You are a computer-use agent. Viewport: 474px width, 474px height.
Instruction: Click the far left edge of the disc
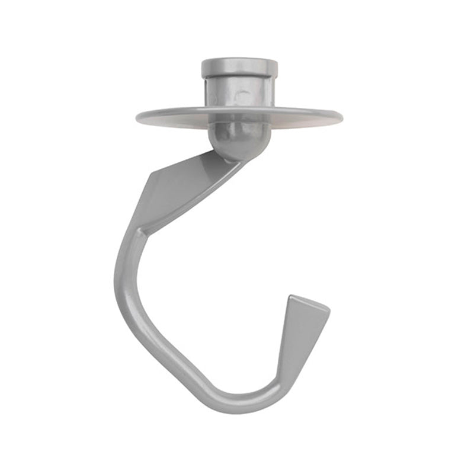click(x=137, y=116)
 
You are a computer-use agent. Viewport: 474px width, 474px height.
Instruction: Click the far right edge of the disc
click(x=342, y=117)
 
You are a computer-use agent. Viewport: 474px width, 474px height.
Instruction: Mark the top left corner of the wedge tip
click(x=289, y=296)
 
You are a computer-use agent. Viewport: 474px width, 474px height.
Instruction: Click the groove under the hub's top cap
click(x=239, y=76)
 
